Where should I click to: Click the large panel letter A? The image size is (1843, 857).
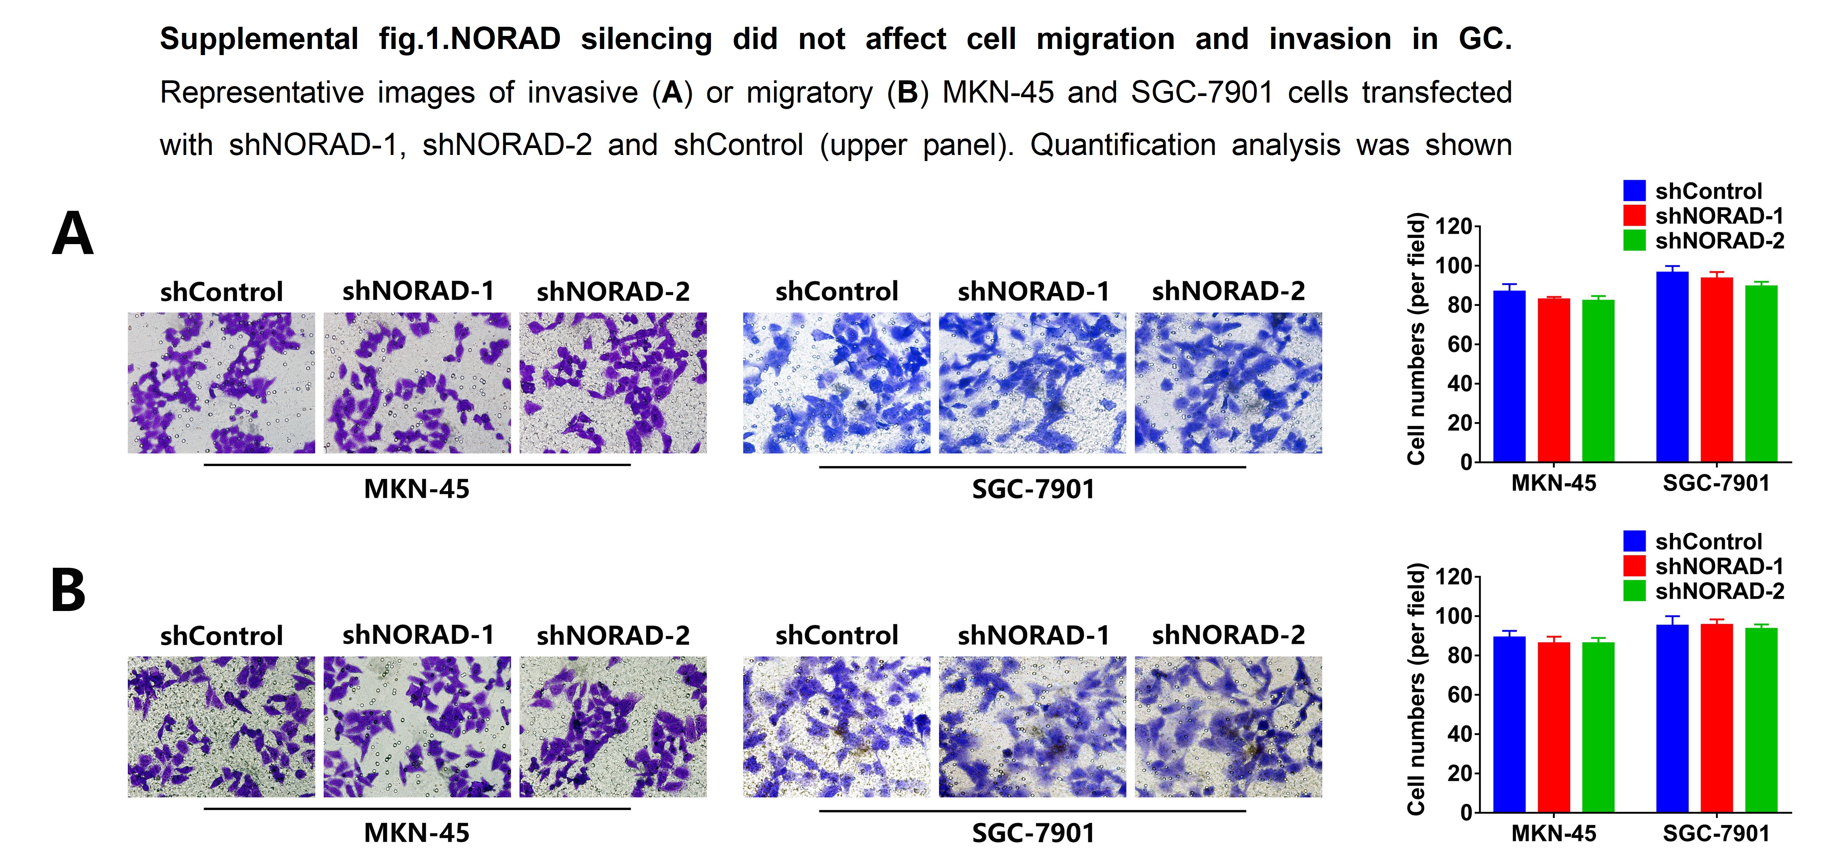[x=72, y=234]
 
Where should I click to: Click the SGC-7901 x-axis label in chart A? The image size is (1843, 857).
[x=1716, y=484]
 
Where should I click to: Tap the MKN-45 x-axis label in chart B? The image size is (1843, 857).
[x=1553, y=833]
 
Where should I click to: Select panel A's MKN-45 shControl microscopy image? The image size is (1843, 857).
[x=221, y=383]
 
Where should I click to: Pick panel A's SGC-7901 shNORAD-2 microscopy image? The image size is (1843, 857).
[x=1228, y=383]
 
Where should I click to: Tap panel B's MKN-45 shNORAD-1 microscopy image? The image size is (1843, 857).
[x=417, y=727]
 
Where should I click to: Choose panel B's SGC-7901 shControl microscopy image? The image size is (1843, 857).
[x=837, y=727]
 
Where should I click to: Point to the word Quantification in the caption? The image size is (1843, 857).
[x=1122, y=145]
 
